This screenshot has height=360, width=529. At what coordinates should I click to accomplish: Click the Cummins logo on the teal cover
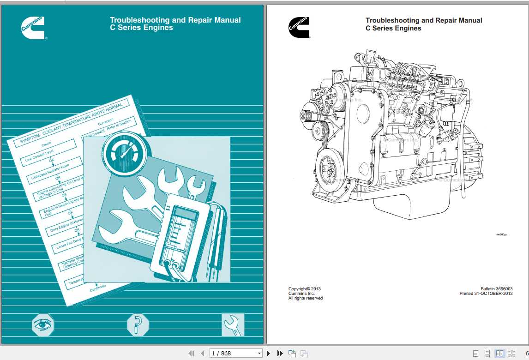(x=33, y=27)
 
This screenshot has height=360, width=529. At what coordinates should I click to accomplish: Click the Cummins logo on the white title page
(x=299, y=27)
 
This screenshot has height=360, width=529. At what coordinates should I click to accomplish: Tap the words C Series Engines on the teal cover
(x=141, y=28)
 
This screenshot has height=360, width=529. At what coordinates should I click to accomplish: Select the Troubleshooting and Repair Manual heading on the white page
(x=423, y=20)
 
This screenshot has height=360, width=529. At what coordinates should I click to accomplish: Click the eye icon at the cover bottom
(x=43, y=325)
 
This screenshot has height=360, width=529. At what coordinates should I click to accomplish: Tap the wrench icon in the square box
(x=233, y=325)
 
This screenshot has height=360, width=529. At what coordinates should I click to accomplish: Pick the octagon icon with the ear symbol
(x=138, y=325)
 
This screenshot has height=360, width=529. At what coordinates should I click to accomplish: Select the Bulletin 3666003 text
(x=496, y=289)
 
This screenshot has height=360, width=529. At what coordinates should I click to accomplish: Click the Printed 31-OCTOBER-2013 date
(x=486, y=294)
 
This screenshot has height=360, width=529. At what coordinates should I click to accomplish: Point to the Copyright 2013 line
(x=304, y=289)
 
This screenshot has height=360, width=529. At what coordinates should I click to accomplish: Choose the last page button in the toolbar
(x=280, y=354)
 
